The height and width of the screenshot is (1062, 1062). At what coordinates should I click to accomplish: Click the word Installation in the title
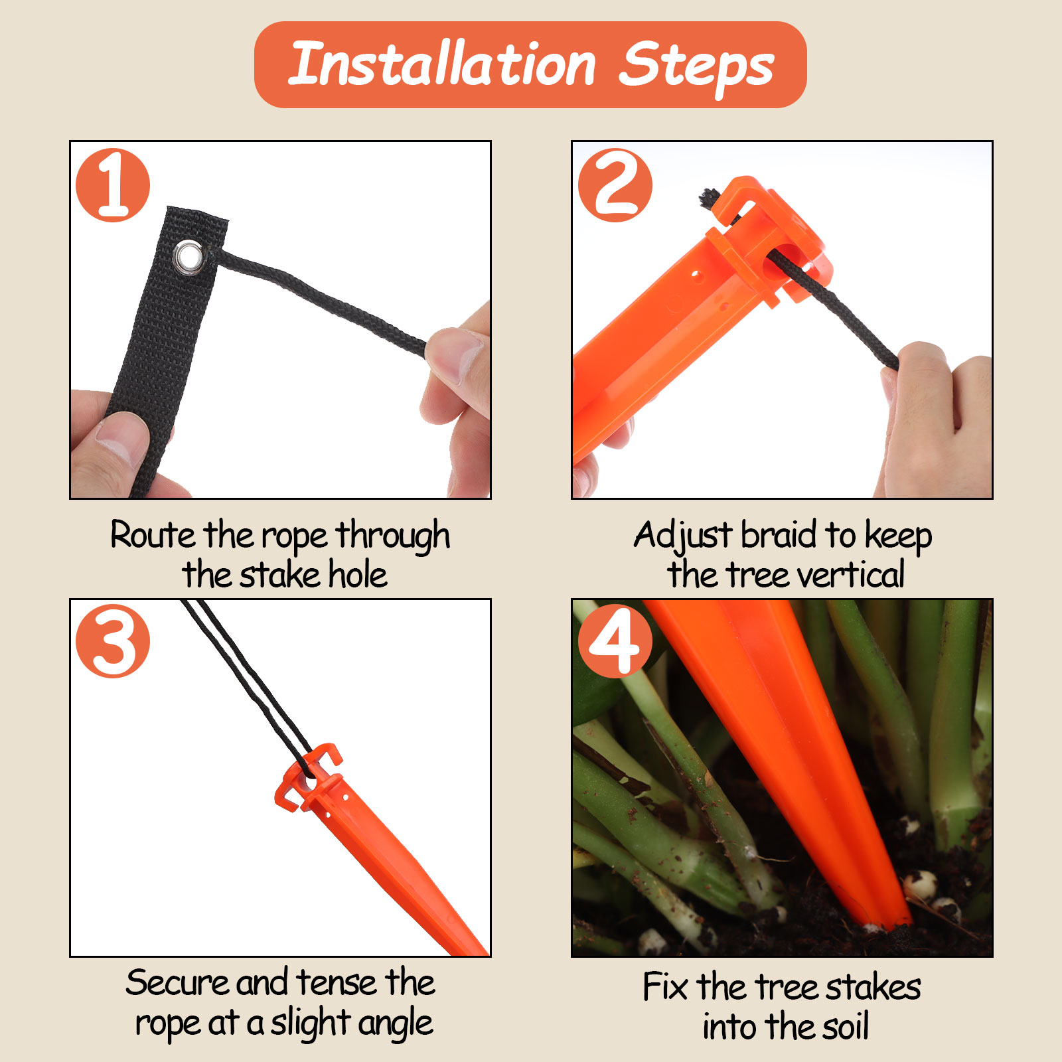click(x=443, y=64)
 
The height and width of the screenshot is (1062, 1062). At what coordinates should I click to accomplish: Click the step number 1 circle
click(x=113, y=185)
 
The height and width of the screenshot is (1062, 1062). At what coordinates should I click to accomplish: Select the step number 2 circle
click(x=615, y=185)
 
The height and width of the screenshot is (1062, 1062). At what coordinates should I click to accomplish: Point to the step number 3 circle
click(x=113, y=641)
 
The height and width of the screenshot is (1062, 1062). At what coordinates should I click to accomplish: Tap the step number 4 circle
click(x=615, y=641)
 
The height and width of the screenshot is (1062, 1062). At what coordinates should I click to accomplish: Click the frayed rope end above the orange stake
click(x=710, y=198)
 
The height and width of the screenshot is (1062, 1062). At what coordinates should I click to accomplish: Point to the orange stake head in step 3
click(x=309, y=777)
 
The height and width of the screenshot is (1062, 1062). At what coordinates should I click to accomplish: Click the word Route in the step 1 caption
click(x=153, y=535)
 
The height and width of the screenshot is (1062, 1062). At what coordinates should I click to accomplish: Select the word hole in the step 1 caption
click(x=358, y=575)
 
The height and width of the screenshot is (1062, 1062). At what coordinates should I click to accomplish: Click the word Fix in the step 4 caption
click(x=665, y=986)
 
